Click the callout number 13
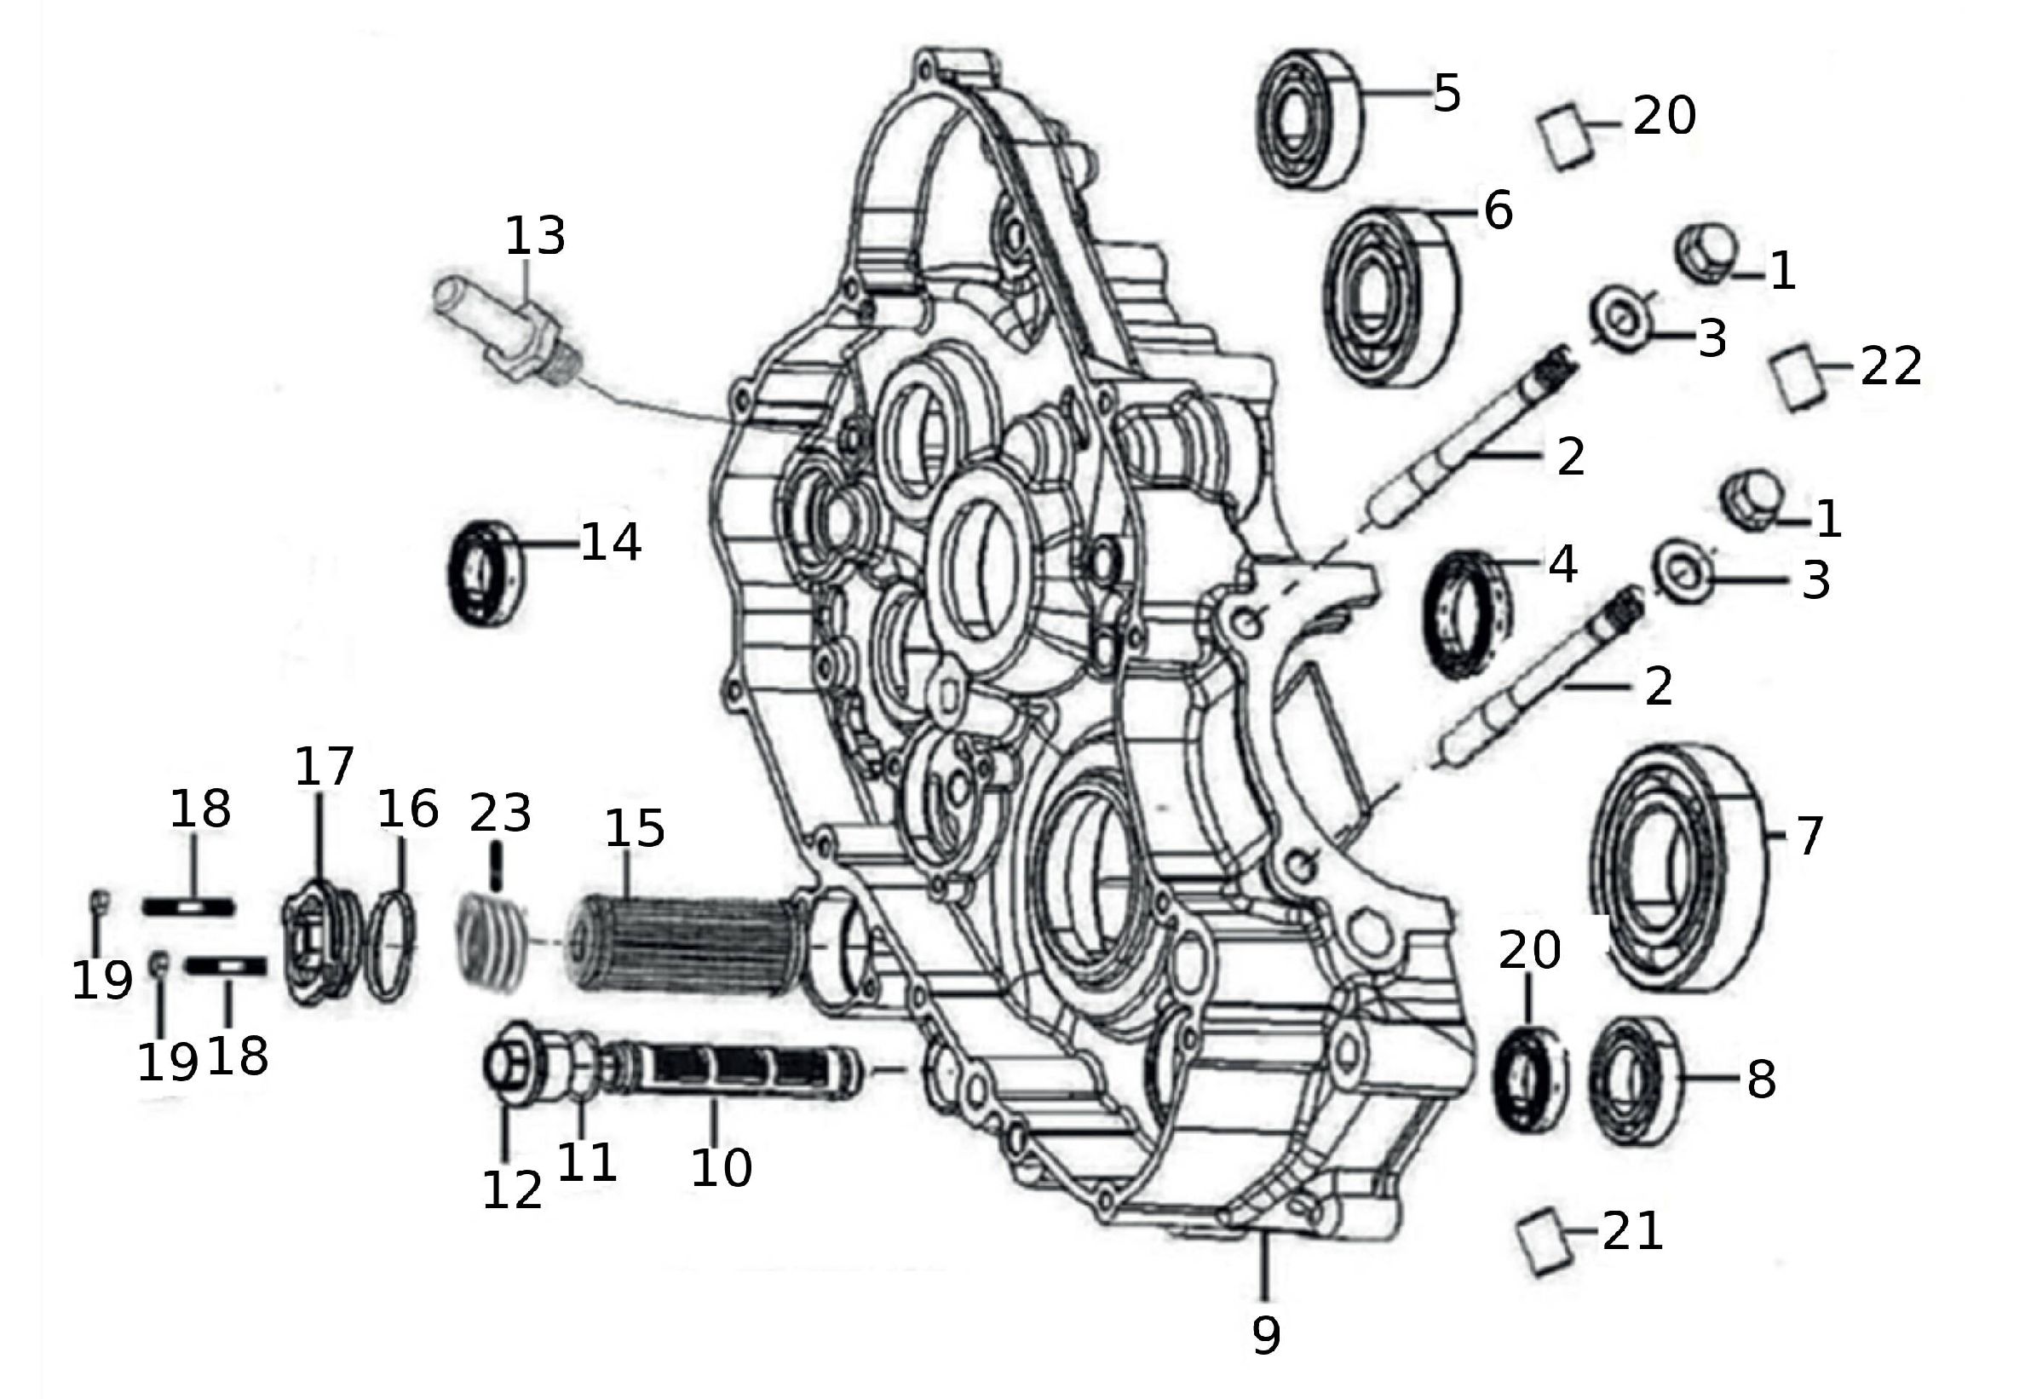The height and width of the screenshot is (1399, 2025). (534, 236)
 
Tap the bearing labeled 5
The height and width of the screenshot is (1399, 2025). (1309, 118)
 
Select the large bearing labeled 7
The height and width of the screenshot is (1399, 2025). (1677, 868)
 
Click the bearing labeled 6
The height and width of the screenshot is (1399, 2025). (1389, 297)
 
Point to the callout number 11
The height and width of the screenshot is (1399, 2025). (586, 1161)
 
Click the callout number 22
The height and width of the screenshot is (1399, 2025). (1891, 366)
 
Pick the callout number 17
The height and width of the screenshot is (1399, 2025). (324, 767)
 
